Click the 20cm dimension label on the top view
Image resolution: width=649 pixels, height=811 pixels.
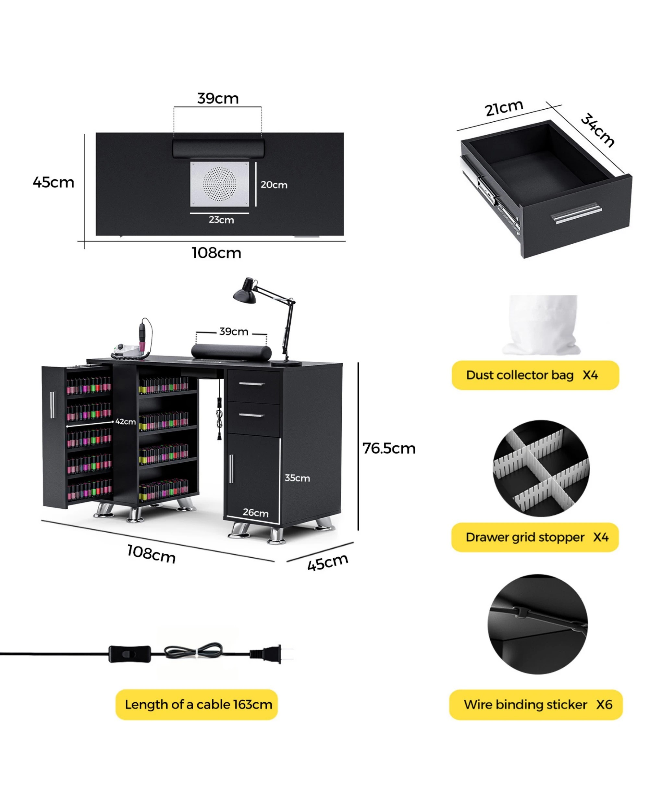point(274,185)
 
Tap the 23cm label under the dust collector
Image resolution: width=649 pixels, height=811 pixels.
point(221,220)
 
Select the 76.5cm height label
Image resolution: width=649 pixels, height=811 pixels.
point(389,448)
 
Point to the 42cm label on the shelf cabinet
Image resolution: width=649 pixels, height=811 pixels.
point(125,422)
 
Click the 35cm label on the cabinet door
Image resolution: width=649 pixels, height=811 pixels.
point(297,478)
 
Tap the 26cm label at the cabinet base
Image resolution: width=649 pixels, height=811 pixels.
point(255,512)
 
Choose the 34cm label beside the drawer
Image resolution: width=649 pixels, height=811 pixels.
point(597,130)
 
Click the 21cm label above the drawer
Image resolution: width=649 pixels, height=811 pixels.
point(504,108)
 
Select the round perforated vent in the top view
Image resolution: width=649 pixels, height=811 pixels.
point(220,184)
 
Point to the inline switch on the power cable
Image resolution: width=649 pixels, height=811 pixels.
point(129,654)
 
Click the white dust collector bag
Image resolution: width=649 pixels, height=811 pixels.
point(542,325)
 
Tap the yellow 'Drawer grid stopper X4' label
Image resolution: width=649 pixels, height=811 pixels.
point(535,537)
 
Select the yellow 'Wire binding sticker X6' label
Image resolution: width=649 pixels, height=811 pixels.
point(536,705)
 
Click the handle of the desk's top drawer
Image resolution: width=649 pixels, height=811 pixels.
point(251,384)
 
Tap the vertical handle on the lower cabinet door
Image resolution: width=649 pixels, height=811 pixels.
point(231,469)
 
